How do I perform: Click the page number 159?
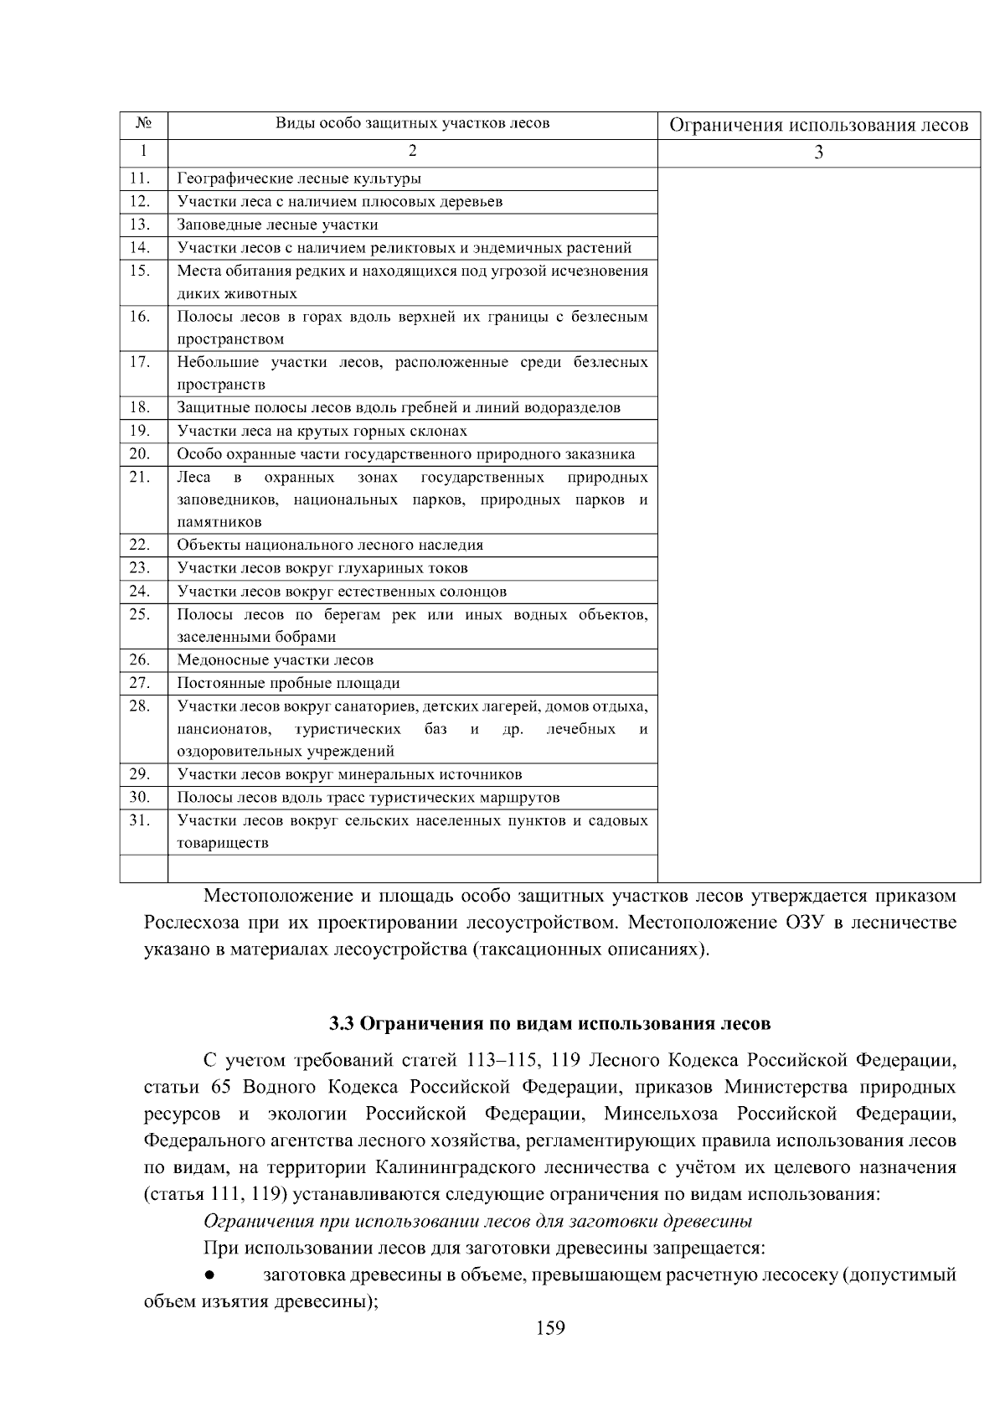550,1328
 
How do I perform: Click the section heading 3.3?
549,1024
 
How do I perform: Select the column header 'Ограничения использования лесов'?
818,126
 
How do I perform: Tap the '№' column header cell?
143,125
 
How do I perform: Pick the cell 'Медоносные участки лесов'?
276,660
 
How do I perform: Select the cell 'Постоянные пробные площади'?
288,683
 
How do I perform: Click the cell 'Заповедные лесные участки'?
277,225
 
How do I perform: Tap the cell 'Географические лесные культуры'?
299,178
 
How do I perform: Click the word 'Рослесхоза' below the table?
189,923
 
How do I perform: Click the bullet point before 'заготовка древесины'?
210,1275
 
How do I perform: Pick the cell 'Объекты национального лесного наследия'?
330,546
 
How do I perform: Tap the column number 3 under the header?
818,153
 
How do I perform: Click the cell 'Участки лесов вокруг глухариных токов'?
322,568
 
